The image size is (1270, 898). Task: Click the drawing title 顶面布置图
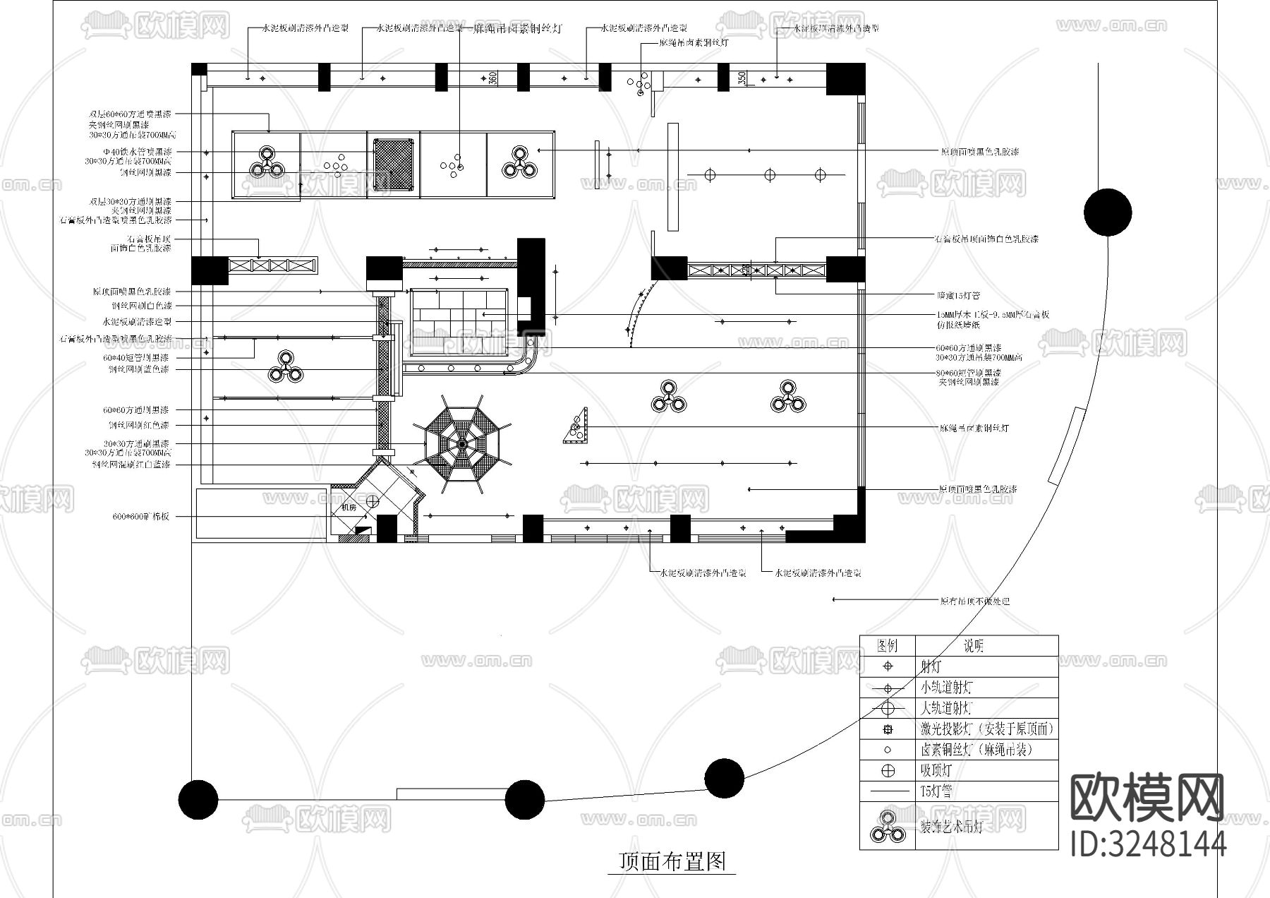click(672, 861)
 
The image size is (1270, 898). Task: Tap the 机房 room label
click(349, 507)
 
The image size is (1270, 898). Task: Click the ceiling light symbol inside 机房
click(373, 501)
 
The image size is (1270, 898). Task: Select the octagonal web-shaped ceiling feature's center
click(461, 443)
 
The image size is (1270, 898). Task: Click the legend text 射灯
click(931, 666)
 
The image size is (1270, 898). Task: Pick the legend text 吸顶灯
click(937, 771)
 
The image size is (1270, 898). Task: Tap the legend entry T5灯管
click(936, 791)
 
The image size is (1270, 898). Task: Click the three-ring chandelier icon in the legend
click(887, 827)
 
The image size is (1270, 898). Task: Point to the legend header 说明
click(974, 646)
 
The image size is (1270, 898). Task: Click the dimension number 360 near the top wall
click(493, 78)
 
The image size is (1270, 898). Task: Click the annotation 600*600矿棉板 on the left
click(141, 517)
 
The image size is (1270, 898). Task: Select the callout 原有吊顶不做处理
click(974, 601)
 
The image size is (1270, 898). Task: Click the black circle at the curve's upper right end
click(1108, 212)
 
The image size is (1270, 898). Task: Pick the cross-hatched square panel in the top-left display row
click(392, 164)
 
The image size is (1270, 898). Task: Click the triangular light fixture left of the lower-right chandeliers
click(577, 426)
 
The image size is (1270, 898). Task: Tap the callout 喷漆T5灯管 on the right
click(958, 295)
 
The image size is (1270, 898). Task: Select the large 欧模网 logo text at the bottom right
click(1147, 797)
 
